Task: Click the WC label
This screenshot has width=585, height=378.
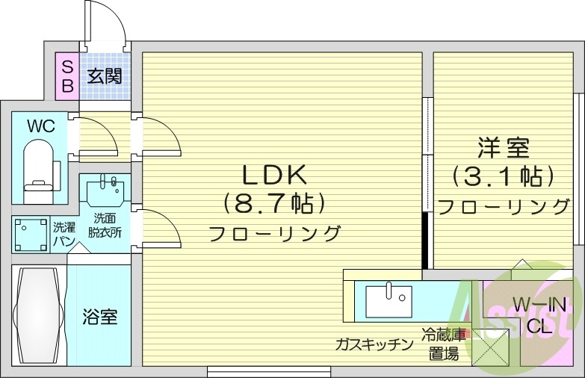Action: click(40, 126)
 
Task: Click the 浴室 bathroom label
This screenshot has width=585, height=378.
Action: click(99, 317)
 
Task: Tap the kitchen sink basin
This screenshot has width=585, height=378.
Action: click(388, 302)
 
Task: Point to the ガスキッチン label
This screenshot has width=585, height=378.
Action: click(374, 344)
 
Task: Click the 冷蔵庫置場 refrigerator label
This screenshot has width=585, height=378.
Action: click(443, 344)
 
